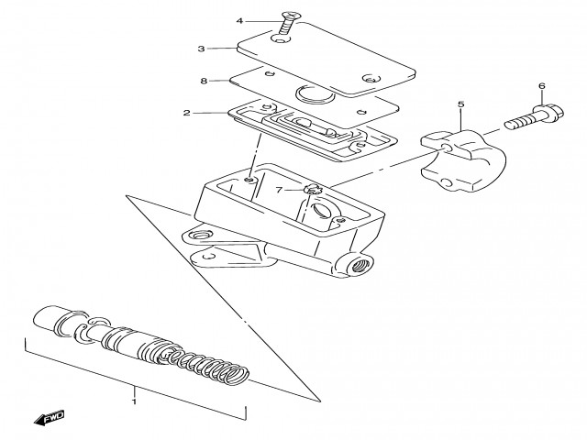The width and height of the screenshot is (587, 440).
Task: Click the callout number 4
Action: pos(239,21)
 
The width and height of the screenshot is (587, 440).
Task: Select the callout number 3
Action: pos(202,49)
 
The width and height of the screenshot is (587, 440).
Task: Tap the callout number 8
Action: pos(204,81)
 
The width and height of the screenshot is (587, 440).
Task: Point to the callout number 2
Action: pos(187,113)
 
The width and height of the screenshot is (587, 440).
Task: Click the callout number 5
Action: pos(460,104)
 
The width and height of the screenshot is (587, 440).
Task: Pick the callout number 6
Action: pos(542,86)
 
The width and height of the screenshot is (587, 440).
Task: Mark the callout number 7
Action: pos(279,191)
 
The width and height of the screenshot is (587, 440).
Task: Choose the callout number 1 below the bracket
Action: pos(134,401)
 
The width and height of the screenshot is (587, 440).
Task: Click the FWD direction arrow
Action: pos(49,418)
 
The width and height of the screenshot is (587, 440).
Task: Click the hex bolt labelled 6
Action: pos(534,116)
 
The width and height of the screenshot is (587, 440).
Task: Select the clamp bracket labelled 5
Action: pos(463,160)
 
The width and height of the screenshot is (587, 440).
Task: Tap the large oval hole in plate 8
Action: pos(316,94)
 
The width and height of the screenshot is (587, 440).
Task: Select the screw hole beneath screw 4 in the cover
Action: pos(282,38)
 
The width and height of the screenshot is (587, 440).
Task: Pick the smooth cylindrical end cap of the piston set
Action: pos(50,318)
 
